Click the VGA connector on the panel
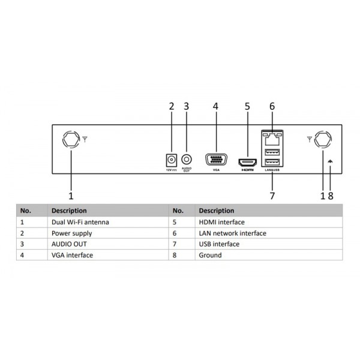(x=216, y=160)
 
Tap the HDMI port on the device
(x=247, y=162)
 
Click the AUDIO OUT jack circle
(x=187, y=160)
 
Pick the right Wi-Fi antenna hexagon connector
(x=323, y=140)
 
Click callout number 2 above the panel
(x=171, y=107)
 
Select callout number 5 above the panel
(x=247, y=107)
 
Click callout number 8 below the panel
(x=331, y=195)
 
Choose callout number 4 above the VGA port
(x=215, y=107)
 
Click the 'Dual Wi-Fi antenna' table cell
(x=80, y=222)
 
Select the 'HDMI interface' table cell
(x=221, y=222)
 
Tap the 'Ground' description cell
(x=210, y=255)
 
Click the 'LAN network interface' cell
(x=232, y=233)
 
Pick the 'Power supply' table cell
(x=72, y=233)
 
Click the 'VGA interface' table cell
(x=72, y=255)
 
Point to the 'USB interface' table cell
(x=219, y=244)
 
